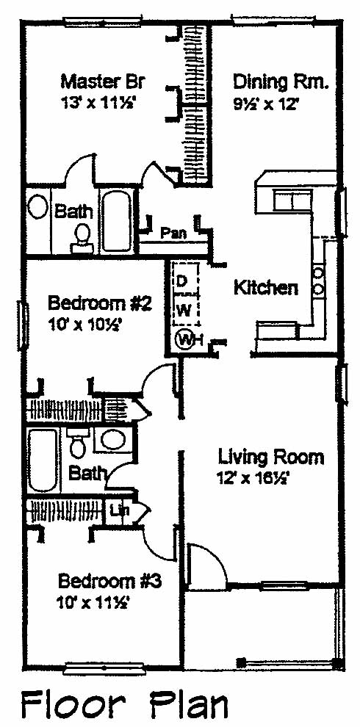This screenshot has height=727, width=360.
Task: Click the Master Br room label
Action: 103,82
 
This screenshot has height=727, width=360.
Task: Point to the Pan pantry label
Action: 173,233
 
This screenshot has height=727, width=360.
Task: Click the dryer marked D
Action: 183,281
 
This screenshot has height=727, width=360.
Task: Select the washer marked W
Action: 184,311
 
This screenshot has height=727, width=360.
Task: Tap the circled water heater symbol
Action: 184,340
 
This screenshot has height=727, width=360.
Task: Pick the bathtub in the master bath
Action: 118,221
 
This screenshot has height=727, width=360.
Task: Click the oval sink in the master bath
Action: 37,207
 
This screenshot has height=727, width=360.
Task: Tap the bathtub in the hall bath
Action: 42,460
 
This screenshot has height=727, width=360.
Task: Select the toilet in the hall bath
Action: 76,443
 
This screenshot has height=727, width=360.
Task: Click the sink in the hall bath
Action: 112,439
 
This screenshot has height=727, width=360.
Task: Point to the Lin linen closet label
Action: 118,511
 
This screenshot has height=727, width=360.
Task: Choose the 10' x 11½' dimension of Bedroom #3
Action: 93,603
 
